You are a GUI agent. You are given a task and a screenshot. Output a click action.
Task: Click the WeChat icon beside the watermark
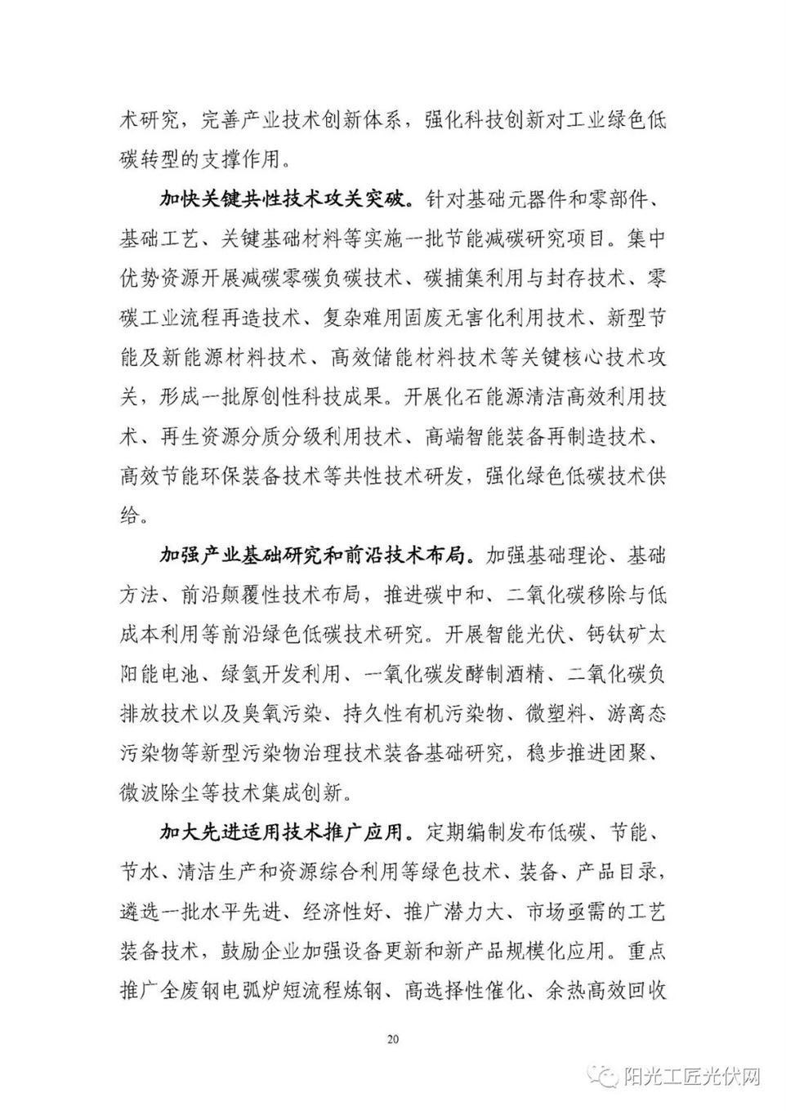point(607,1077)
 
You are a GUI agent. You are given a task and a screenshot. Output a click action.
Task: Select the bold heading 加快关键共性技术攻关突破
point(283,200)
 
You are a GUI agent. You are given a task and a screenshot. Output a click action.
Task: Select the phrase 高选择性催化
point(453,992)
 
